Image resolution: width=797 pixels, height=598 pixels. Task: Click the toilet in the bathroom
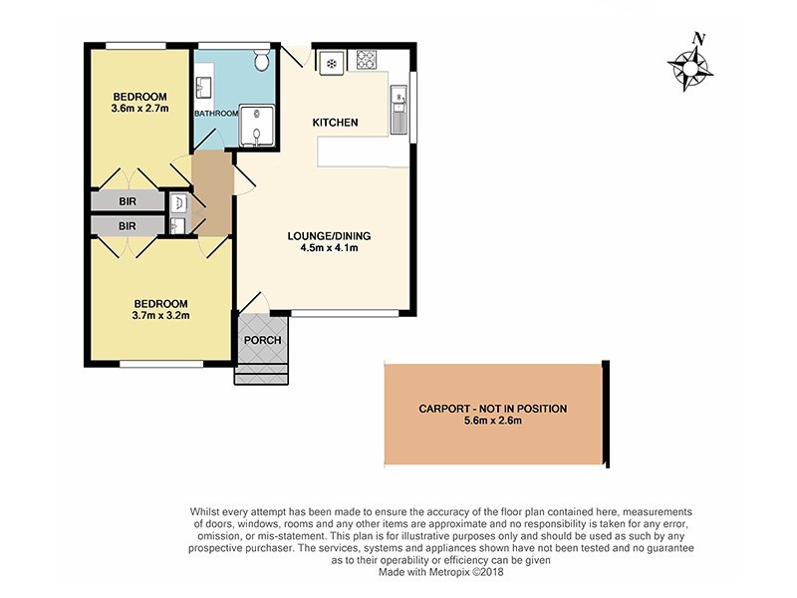click(261, 62)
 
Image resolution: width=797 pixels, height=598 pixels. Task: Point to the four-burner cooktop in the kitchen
click(366, 59)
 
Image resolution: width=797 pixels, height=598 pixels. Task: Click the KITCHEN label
click(335, 123)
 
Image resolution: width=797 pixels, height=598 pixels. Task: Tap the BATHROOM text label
click(215, 114)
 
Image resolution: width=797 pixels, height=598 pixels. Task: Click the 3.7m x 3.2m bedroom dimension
click(161, 316)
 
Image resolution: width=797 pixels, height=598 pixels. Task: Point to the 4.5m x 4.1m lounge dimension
click(329, 249)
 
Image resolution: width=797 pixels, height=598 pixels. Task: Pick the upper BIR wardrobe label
click(128, 200)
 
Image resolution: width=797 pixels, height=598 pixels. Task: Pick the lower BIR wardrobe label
click(128, 226)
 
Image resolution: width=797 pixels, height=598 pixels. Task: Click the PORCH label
click(262, 340)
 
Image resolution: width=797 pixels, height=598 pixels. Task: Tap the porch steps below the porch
click(262, 375)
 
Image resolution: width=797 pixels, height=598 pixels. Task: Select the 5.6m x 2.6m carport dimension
click(494, 422)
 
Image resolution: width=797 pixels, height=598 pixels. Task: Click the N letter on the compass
click(699, 39)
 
